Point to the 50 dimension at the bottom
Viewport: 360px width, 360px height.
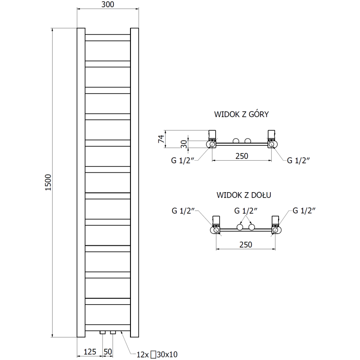(108, 351)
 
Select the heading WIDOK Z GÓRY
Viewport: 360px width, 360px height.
(242, 114)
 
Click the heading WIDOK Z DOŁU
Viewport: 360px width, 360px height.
(243, 195)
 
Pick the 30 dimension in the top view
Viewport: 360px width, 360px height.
(184, 144)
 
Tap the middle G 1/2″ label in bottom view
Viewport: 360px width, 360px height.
(246, 210)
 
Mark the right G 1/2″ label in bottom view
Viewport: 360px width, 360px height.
(305, 210)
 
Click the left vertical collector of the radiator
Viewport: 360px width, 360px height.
(81, 182)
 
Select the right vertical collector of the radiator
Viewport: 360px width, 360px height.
(135, 182)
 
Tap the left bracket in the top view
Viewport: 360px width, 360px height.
(212, 135)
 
